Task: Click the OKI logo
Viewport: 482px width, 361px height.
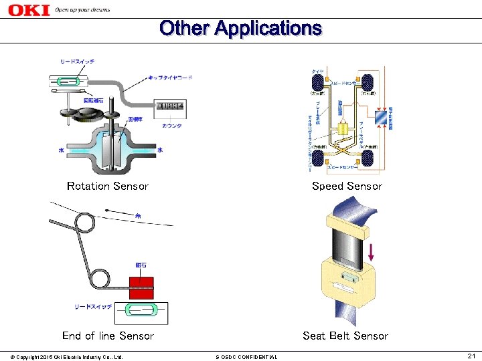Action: coord(29,9)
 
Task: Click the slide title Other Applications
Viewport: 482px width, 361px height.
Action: coord(240,28)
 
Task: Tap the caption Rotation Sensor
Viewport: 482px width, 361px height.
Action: coord(108,186)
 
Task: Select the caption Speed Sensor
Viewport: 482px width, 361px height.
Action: coord(347,186)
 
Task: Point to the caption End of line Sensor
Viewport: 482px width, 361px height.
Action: coord(108,336)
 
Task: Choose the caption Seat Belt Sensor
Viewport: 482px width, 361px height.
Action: coord(345,336)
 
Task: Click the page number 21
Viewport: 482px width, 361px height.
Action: coord(471,356)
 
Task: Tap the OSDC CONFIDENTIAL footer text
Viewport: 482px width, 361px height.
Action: coord(246,356)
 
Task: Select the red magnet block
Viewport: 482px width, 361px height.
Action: coord(141,287)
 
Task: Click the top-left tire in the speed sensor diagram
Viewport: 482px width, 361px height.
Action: coord(317,83)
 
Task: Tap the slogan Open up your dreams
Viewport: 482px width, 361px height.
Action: coord(82,10)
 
